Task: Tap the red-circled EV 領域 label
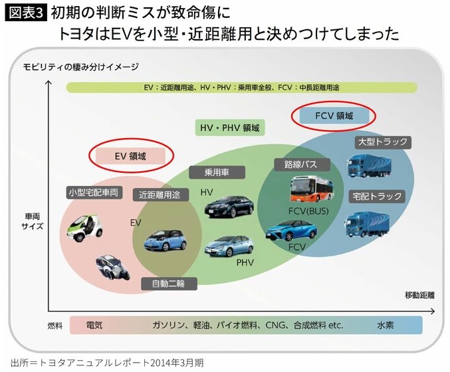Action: click(x=130, y=156)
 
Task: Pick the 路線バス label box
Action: click(x=296, y=163)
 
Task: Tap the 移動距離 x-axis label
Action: click(x=419, y=294)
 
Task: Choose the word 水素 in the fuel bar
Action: click(x=386, y=325)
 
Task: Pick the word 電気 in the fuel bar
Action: click(x=94, y=325)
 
